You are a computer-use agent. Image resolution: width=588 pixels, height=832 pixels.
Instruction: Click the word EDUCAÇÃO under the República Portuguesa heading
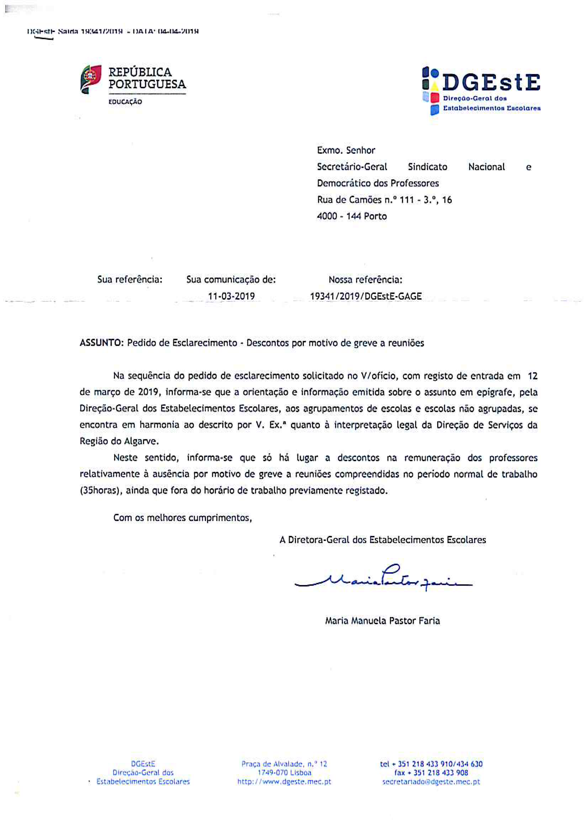point(125,102)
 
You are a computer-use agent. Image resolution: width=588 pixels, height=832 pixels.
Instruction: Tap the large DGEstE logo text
point(491,83)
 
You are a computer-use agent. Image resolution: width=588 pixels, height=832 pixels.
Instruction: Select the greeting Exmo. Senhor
point(346,150)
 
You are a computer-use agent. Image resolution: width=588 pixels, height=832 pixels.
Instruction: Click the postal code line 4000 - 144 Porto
point(352,216)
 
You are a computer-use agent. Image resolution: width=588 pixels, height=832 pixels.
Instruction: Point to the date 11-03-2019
point(231,296)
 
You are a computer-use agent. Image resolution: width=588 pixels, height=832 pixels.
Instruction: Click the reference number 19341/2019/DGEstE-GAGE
point(366,296)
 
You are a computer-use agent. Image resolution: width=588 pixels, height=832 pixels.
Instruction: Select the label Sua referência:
point(130,279)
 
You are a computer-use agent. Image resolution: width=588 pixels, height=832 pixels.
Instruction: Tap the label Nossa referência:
point(365,279)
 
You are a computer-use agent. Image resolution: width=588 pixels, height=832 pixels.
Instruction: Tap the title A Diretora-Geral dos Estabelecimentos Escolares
point(382,540)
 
